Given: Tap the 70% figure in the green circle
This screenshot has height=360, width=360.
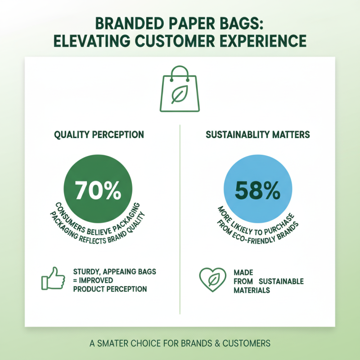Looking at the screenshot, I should coord(99,191).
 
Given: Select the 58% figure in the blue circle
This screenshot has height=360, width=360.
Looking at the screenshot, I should coord(257,191).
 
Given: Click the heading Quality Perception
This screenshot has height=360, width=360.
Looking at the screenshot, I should coord(99,135).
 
